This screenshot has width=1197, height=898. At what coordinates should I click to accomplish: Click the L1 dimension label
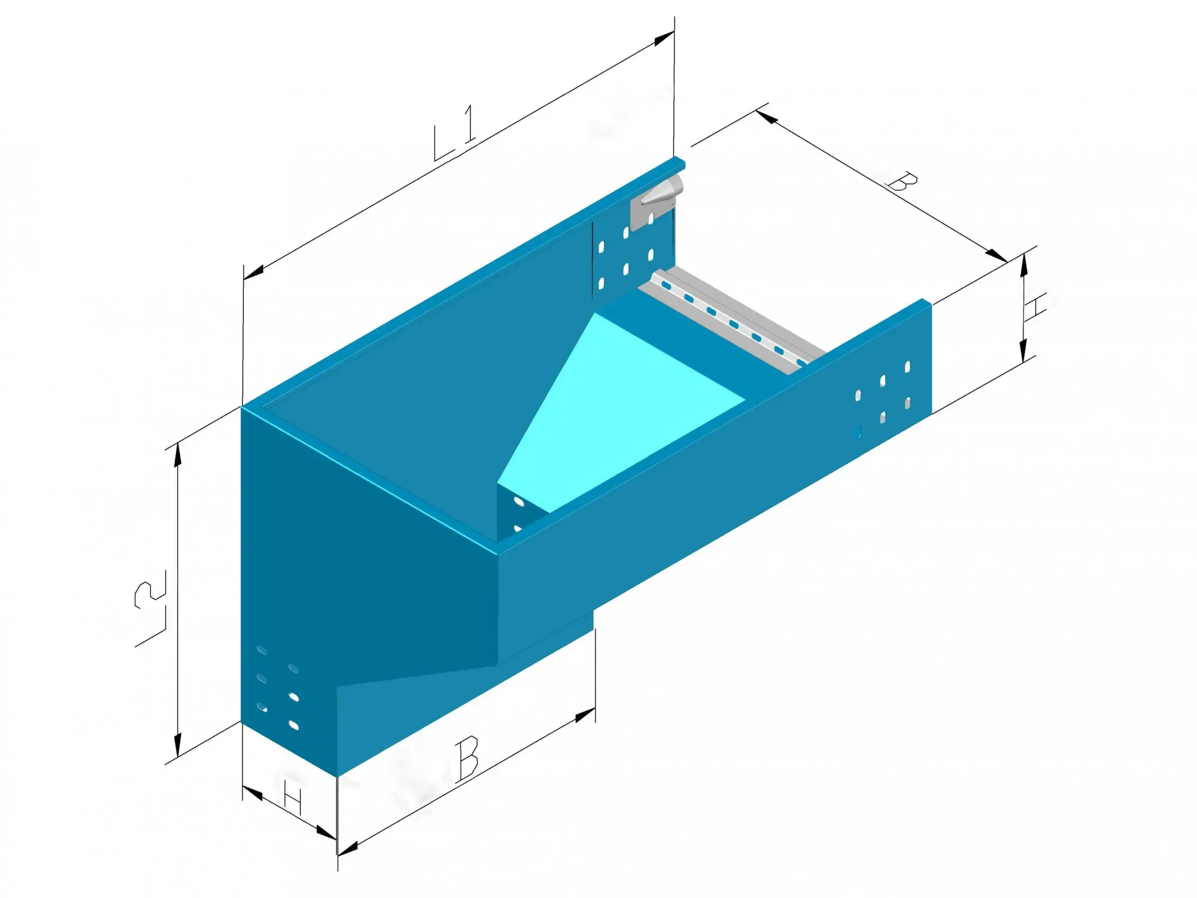[x=455, y=133]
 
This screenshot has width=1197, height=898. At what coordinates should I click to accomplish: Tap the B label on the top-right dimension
[x=902, y=182]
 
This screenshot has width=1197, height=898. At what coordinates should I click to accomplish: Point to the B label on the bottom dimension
[x=467, y=758]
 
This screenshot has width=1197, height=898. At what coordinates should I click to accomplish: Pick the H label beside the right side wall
[x=1034, y=307]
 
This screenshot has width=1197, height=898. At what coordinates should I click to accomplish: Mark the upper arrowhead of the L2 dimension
[x=178, y=454]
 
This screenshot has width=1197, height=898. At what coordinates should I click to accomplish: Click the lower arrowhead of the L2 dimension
[x=178, y=745]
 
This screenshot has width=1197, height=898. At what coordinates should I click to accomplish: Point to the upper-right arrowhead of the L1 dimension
[x=664, y=38]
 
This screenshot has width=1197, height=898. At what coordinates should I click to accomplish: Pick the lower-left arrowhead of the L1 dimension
[x=254, y=271]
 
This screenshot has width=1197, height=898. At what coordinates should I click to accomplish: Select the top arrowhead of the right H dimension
[x=1024, y=264]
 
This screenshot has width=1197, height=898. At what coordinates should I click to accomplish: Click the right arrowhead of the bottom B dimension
[x=585, y=715]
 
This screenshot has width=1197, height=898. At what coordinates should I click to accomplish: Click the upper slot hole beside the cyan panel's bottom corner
[x=518, y=501]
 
